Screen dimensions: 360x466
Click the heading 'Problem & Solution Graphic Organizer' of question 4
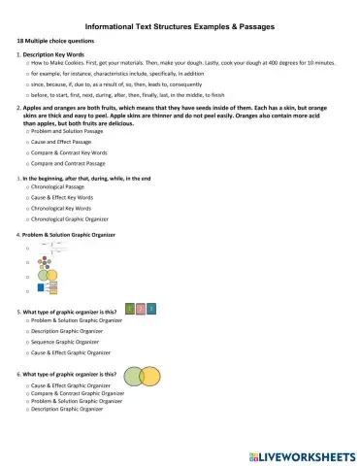tap(78, 236)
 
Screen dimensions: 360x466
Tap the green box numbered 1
tap(131, 308)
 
